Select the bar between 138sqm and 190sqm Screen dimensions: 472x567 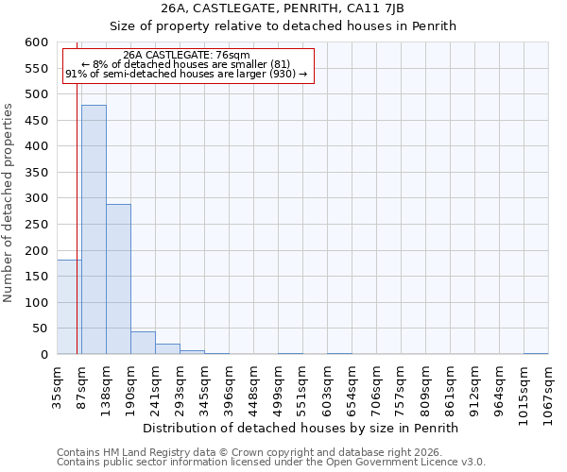tap(118, 278)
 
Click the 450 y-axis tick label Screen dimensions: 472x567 tap(36, 121)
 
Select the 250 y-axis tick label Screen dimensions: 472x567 tap(36, 225)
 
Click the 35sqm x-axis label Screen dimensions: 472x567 tap(58, 386)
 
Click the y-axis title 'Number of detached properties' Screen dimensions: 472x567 tap(9, 204)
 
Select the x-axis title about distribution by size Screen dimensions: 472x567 tap(306, 428)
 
